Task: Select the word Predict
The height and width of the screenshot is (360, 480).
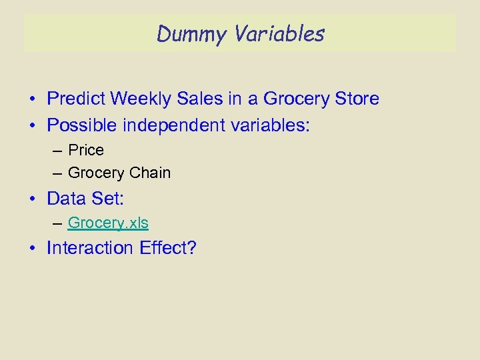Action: [76, 99]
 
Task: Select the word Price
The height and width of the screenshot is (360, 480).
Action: [86, 150]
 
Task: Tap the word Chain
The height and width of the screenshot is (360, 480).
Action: [150, 173]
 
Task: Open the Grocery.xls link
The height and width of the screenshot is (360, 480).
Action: [108, 223]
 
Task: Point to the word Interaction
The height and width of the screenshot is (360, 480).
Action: [91, 248]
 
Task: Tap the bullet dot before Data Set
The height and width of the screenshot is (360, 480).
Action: [32, 199]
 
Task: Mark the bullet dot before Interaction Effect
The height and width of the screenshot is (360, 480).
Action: [32, 249]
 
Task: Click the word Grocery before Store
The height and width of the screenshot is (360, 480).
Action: [296, 99]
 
